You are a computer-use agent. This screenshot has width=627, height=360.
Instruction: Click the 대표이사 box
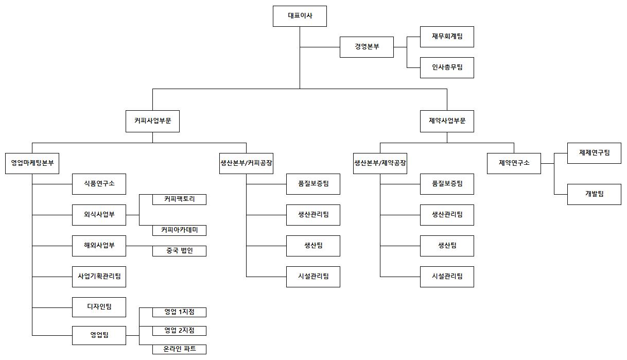point(300,16)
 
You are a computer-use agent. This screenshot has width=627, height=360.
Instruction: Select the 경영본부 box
point(367,47)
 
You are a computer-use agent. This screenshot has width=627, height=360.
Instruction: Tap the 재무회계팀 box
point(447,37)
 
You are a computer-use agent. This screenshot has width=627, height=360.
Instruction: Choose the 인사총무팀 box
point(447,67)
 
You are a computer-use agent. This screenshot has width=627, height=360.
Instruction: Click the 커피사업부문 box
point(152,122)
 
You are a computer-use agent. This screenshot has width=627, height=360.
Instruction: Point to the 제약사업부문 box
point(447,122)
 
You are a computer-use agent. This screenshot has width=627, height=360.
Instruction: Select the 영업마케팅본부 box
point(32,163)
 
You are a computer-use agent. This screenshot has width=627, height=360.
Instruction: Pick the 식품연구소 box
point(99,184)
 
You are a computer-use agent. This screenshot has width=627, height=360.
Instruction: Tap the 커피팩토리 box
point(179,199)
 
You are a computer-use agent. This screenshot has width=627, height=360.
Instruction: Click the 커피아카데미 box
point(179,230)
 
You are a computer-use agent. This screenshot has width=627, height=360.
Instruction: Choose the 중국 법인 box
point(179,251)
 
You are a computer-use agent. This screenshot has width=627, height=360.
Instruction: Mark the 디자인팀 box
point(99,307)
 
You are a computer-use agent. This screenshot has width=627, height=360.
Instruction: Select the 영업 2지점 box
point(179,331)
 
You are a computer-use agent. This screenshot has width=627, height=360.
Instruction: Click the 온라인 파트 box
point(179,349)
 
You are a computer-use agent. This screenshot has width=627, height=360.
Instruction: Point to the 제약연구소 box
point(514,163)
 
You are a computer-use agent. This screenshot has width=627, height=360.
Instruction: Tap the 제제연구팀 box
point(594,153)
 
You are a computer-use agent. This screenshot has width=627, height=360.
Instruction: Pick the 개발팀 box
point(594,194)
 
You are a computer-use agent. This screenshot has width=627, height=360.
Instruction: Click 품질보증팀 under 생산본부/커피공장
point(313,184)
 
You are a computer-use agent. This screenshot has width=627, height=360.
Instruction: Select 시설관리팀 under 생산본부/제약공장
point(447,277)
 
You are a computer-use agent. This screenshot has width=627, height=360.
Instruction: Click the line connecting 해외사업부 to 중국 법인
point(139,246)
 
